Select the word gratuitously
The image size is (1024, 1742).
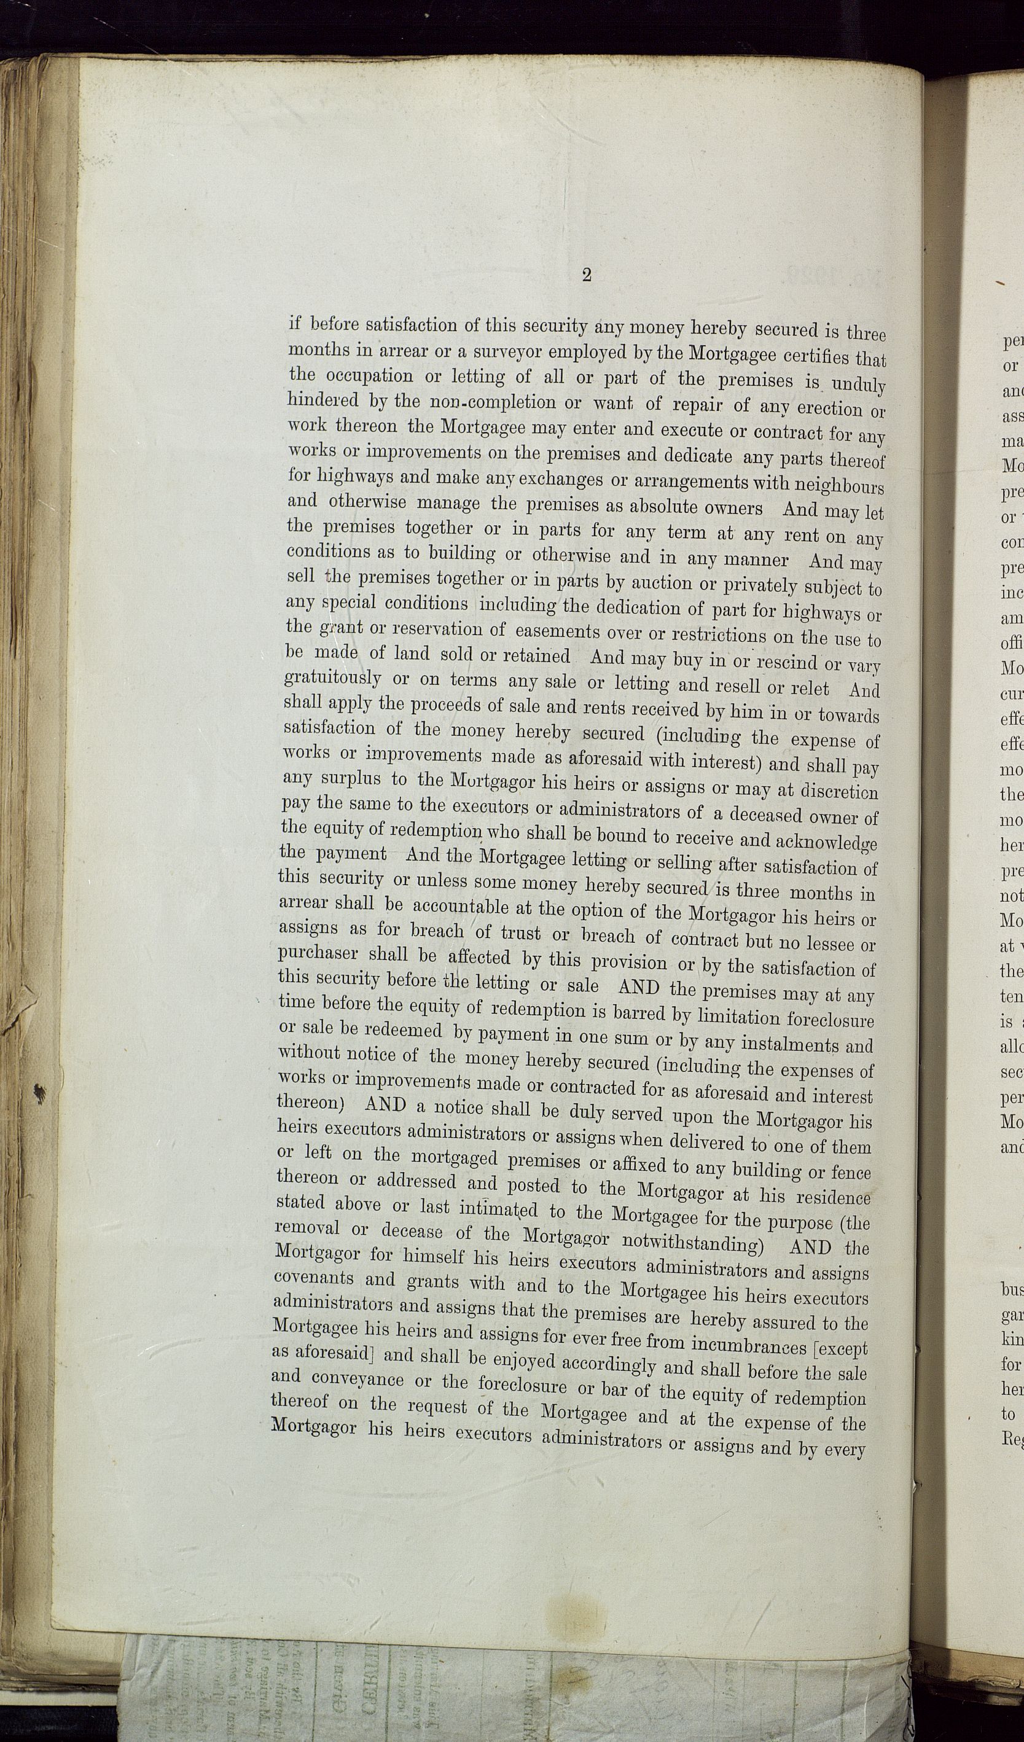(332, 678)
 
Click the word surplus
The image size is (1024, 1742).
(351, 779)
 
